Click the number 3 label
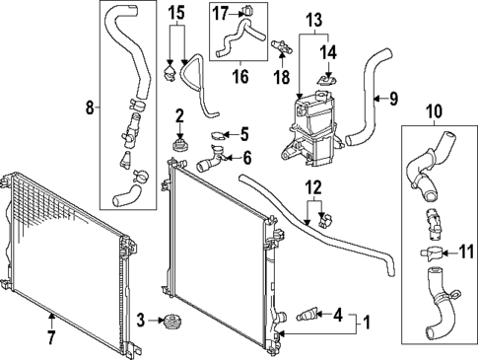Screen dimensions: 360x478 pos(141,320)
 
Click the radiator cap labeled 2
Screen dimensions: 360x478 pos(180,148)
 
